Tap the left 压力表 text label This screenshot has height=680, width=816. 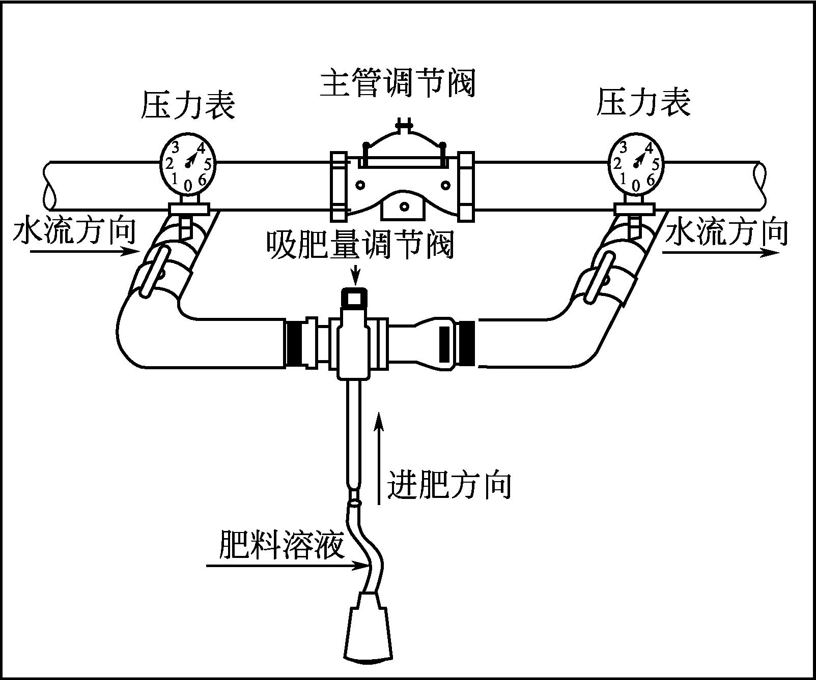tap(188, 105)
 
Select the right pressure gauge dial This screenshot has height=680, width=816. tap(636, 163)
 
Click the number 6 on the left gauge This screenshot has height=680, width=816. tap(202, 179)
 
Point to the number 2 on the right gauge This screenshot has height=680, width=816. tap(617, 164)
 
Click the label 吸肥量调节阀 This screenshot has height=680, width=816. tap(359, 245)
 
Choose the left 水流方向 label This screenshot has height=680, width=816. tap(74, 231)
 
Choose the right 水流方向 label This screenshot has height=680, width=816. tap(726, 231)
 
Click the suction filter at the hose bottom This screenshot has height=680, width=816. tap(368, 631)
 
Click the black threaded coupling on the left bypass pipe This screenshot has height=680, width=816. tap(293, 343)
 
